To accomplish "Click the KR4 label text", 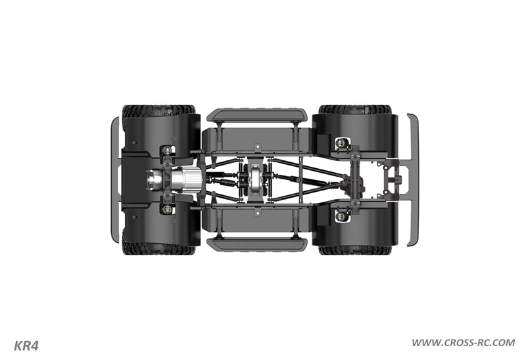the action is [26, 346].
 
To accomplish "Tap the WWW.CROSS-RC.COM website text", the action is [464, 343].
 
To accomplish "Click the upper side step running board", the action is [257, 115].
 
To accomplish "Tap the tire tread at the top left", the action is [158, 110].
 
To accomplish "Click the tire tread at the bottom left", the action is [158, 250].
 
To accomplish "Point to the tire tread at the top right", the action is [355, 109].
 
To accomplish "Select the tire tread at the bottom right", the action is [355, 250].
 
